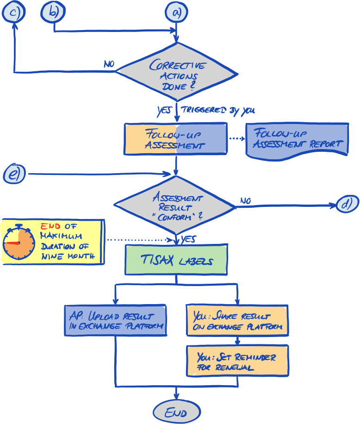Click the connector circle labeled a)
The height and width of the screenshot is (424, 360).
point(176,12)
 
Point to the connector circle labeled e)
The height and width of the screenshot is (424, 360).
point(14,174)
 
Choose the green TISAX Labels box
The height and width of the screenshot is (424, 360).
point(176,260)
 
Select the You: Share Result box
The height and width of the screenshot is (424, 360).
point(237,320)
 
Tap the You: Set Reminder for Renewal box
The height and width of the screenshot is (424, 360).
point(237,361)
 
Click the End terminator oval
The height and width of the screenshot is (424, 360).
point(176,412)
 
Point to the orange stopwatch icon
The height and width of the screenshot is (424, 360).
point(19,243)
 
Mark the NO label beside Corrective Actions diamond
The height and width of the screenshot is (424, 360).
point(109,64)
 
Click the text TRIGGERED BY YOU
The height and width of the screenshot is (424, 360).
point(217,110)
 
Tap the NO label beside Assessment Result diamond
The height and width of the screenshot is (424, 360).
point(245,201)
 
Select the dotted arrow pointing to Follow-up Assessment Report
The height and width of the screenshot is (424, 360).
point(236,139)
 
